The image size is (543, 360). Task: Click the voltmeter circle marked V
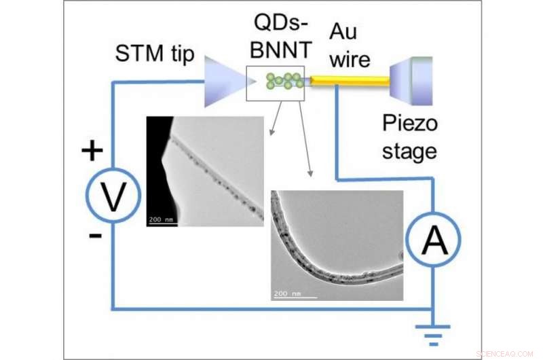point(113,196)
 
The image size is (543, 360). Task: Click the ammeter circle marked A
point(434,240)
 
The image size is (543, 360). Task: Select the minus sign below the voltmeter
point(95,236)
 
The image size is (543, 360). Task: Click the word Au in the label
point(344,31)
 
